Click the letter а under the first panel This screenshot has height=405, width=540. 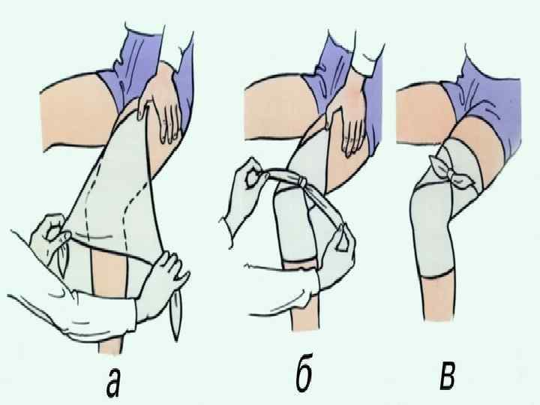pos(114,382)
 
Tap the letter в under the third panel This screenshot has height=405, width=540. pos(447,378)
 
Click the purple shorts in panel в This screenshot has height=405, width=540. pos(489,103)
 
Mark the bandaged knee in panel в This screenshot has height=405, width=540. pos(434,234)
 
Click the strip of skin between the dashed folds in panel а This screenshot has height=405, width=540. pos(109,271)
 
